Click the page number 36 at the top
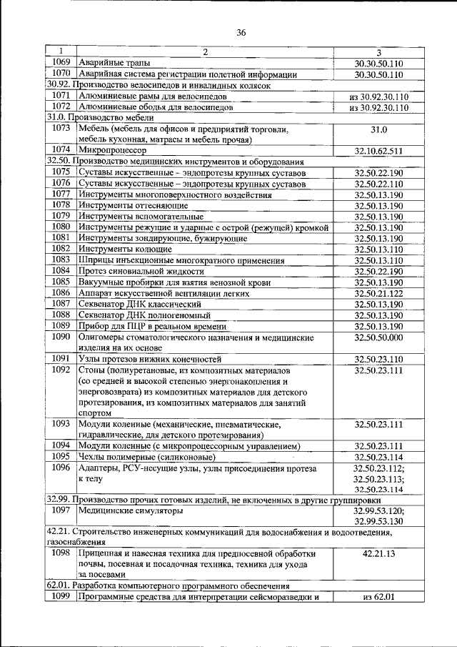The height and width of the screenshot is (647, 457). (241, 32)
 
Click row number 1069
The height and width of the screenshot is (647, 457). (61, 62)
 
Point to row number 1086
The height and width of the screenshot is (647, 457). (61, 293)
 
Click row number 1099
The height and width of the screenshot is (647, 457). (61, 597)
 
